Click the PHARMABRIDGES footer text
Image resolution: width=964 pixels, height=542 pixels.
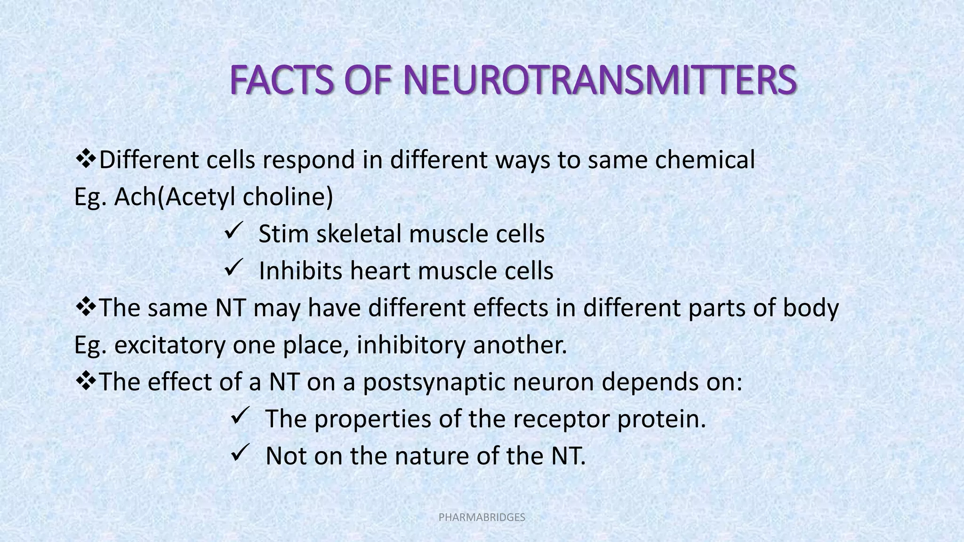point(482,518)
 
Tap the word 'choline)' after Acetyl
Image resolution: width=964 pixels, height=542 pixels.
point(288,197)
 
